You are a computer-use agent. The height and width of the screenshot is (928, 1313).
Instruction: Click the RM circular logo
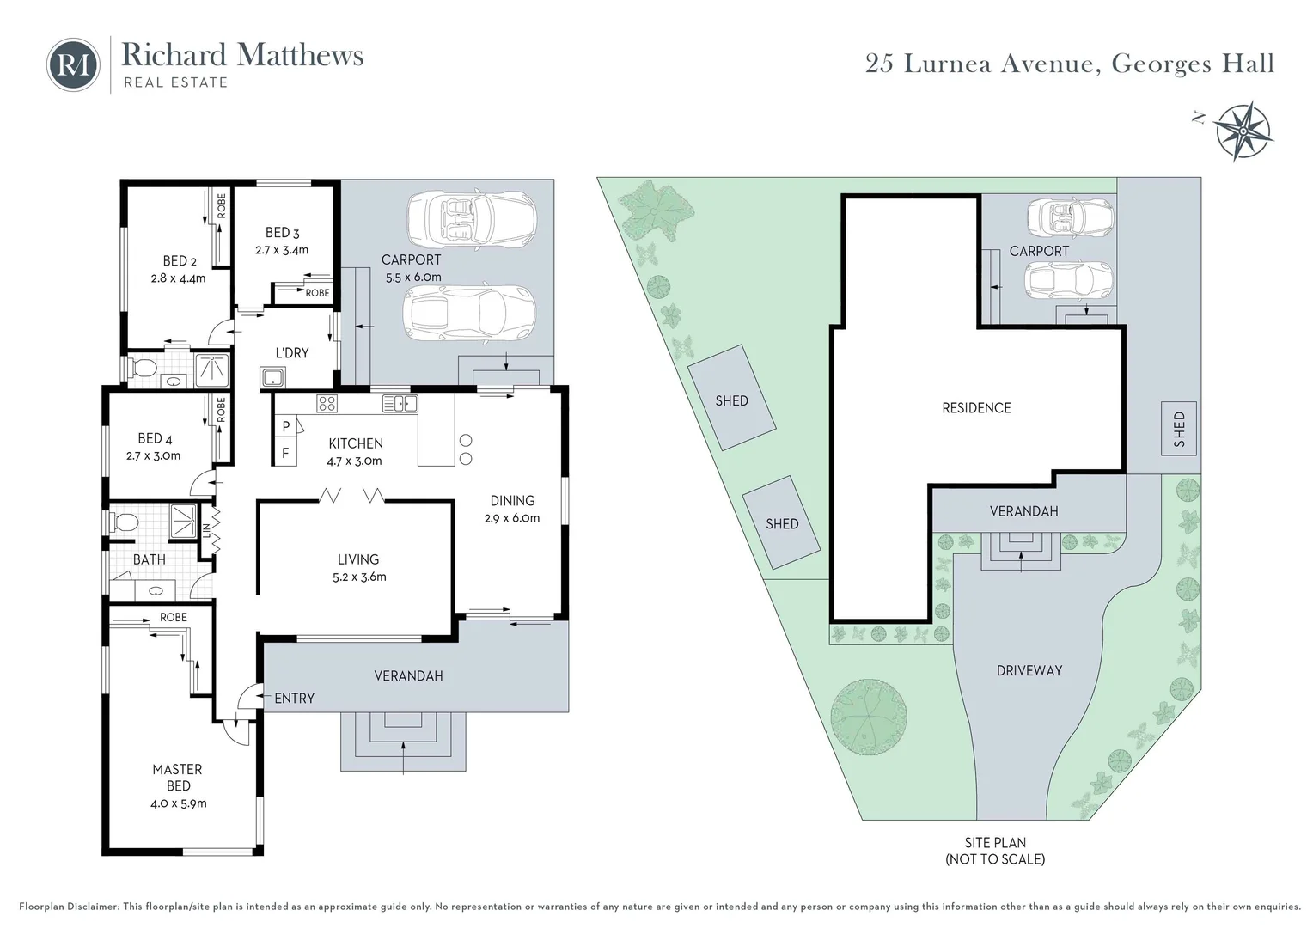73,65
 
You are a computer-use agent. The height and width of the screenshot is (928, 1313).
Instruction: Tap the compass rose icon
1242,131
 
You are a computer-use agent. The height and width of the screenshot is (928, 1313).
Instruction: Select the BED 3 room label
283,233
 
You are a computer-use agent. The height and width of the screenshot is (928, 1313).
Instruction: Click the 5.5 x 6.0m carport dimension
413,277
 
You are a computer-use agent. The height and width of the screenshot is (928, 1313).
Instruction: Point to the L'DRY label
292,353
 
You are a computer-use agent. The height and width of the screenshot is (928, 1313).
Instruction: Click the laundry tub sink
273,378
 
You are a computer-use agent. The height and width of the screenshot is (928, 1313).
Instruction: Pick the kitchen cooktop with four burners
327,403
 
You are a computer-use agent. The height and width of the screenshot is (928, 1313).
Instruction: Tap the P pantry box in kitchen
286,426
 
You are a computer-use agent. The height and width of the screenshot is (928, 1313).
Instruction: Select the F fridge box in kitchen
286,453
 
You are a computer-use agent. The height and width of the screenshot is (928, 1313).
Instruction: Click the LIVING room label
358,559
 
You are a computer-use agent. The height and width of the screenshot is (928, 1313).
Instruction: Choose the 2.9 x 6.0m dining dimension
512,517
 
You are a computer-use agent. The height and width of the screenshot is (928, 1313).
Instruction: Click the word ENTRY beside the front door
294,699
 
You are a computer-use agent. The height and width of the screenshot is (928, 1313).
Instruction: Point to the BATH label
150,559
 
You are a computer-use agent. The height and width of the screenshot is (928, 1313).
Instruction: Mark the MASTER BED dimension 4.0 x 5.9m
178,803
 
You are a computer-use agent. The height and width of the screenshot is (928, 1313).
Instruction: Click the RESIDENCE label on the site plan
976,408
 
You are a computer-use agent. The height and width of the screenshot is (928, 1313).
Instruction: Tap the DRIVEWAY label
1029,670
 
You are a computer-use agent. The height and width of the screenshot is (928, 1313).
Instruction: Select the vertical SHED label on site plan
1179,429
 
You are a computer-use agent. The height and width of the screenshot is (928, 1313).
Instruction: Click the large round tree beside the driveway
869,717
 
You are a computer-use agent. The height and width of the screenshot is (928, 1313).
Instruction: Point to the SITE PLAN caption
995,843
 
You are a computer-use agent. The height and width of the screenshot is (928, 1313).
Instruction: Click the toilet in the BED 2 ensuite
143,368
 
